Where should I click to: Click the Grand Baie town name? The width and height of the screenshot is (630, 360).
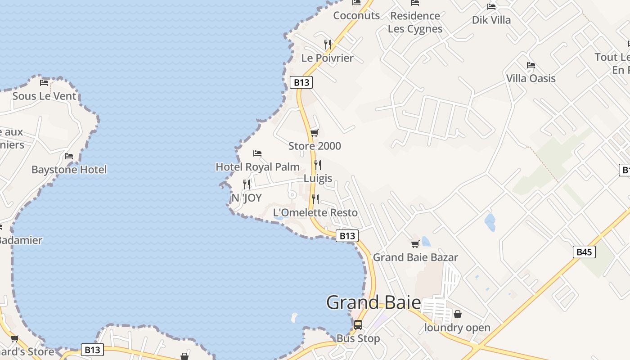(373, 302)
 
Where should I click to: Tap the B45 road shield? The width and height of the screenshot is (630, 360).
(584, 252)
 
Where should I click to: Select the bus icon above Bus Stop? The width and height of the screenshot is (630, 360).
(358, 324)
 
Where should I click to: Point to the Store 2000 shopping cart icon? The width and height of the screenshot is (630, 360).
(315, 133)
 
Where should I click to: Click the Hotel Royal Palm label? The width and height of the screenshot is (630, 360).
(257, 167)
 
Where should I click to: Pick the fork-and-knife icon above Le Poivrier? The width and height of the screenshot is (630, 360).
(328, 44)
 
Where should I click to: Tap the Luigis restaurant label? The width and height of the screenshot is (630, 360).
(318, 178)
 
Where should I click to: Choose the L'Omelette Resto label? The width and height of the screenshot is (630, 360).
(315, 213)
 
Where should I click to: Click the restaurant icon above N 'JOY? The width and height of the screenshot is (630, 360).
(247, 184)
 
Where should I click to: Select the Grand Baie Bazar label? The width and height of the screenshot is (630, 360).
(415, 257)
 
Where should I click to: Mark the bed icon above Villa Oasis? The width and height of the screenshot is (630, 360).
(531, 65)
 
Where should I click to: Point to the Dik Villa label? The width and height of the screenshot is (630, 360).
(491, 20)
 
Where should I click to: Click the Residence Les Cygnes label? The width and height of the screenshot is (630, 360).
(415, 22)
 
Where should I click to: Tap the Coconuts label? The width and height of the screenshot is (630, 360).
(356, 16)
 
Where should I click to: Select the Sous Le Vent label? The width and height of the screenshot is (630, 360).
(44, 96)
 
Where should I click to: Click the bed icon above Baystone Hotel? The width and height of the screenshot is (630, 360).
(69, 156)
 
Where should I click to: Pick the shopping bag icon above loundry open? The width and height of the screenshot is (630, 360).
(458, 314)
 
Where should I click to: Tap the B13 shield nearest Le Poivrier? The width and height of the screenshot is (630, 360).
(301, 82)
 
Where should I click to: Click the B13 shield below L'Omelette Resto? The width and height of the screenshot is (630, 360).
(347, 236)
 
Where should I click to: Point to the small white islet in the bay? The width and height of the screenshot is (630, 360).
(295, 317)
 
